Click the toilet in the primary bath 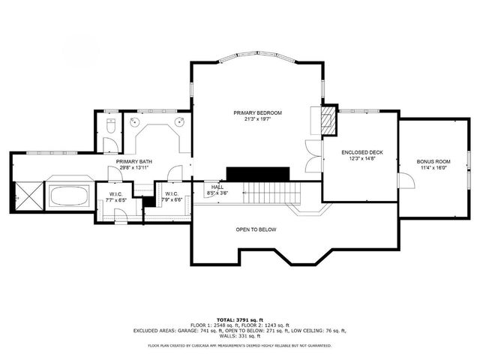109,124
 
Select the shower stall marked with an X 28,196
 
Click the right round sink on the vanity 181,121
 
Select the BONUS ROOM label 433,161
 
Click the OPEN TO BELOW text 255,229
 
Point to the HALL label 217,187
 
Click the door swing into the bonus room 405,181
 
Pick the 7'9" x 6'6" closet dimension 172,200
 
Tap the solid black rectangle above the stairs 258,173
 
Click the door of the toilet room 109,145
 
